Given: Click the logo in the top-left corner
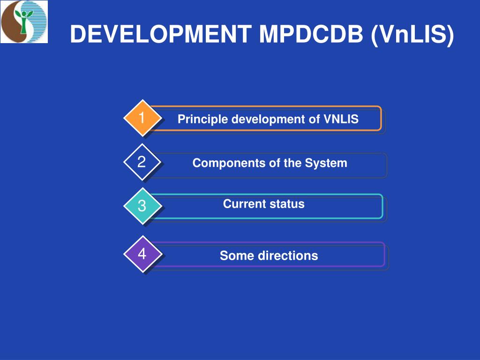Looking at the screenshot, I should tap(24, 22).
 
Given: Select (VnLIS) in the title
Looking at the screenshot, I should tap(412, 35).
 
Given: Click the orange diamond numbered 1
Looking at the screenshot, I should tap(142, 118).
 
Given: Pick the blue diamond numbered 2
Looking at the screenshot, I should tap(142, 162).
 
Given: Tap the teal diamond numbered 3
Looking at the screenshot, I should tap(142, 206).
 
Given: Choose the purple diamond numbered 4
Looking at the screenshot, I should tap(142, 254).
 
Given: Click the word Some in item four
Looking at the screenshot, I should tap(233, 256).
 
